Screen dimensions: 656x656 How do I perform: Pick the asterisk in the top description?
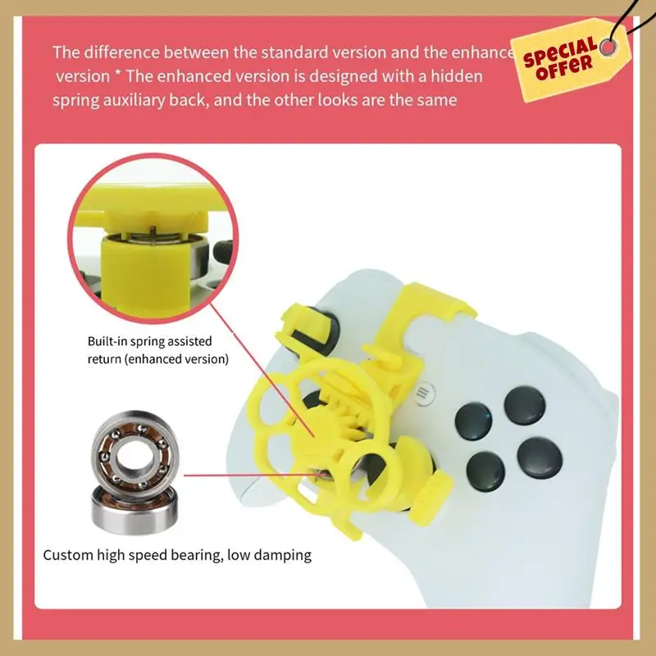[116, 76]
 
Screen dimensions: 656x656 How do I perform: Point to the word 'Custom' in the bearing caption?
[69, 555]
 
